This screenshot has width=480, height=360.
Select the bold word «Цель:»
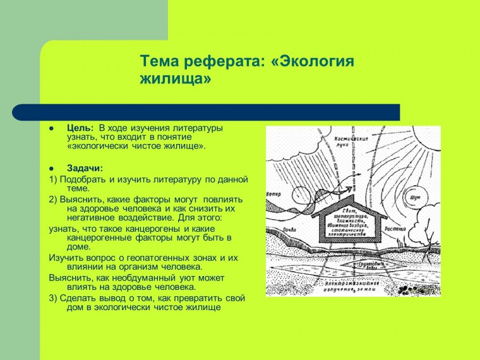click(x=80, y=128)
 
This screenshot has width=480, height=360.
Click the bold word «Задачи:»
click(x=85, y=168)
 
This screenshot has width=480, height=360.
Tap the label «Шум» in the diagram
click(x=415, y=197)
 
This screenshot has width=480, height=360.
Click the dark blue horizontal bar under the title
click(x=206, y=112)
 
